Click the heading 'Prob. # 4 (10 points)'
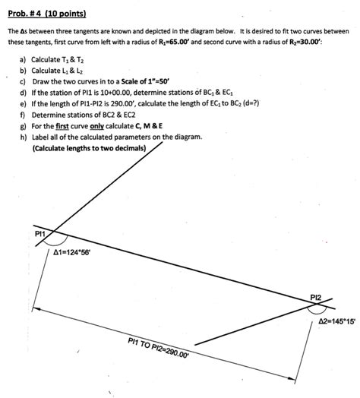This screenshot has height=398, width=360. pos(47,14)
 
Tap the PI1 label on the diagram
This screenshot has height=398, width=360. pos(40,235)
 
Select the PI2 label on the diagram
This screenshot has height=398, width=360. pos(317,295)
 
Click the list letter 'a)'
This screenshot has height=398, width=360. pos(24,58)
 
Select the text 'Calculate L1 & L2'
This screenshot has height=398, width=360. pos(58,69)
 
